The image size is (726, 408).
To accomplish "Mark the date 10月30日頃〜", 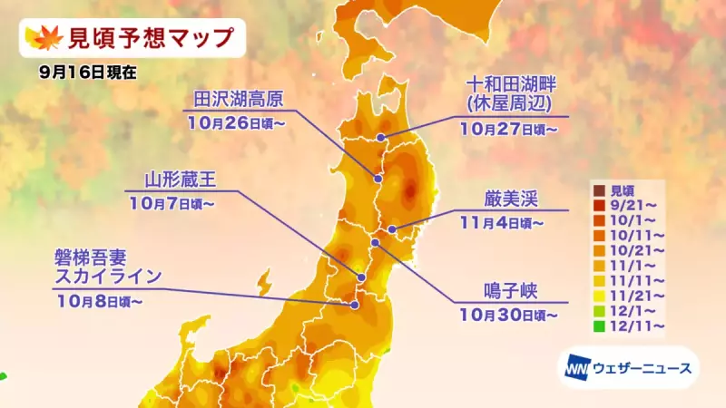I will point(508,315).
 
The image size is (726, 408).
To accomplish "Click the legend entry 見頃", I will point(621,189).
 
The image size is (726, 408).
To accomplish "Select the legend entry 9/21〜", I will point(627,205).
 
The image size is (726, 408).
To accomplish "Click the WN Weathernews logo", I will point(628,368).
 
